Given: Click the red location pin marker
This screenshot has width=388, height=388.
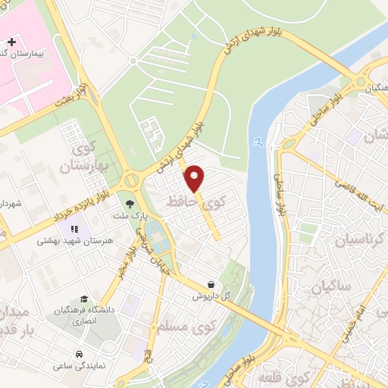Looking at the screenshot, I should (196, 178).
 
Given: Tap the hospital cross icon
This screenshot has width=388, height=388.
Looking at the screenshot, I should (10, 40).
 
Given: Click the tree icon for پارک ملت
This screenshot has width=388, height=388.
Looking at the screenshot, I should (130, 204).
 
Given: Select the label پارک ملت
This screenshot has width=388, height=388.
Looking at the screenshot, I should (130, 216).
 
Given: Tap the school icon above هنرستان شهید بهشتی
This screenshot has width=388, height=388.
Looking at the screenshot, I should (74, 228).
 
